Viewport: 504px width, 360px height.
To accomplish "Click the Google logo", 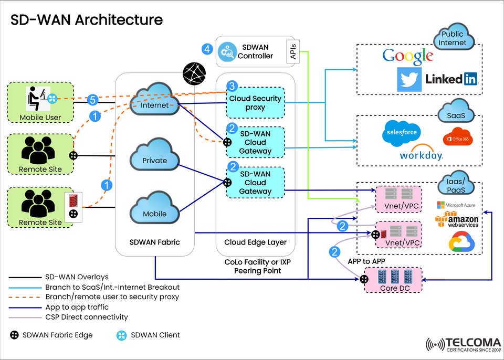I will (x=408, y=56).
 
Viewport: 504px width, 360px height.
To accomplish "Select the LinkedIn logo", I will (x=451, y=79).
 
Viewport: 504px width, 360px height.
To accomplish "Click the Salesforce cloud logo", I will (x=402, y=132).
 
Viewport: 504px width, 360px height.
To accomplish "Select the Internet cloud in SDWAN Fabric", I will (x=155, y=102).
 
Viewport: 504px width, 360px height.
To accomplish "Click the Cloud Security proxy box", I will (x=255, y=103).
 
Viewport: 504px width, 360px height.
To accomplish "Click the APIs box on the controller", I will (x=292, y=52).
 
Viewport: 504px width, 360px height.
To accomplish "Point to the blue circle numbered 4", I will (x=207, y=50).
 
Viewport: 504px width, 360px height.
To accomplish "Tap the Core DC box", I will (x=393, y=279).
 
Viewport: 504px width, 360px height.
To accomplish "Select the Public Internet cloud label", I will (x=453, y=39).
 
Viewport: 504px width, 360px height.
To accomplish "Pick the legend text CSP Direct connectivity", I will (x=86, y=317).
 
